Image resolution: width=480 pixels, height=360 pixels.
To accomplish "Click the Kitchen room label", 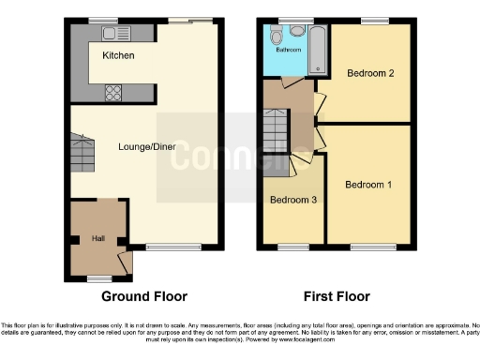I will (118, 56).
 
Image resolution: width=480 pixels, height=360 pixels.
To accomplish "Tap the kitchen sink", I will (117, 35).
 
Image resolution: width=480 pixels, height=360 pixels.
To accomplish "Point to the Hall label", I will (97, 239).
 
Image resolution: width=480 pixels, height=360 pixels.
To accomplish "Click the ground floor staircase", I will (78, 148).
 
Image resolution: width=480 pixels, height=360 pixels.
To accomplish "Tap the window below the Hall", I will (97, 278).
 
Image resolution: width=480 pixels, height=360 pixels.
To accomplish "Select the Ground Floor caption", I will (144, 296).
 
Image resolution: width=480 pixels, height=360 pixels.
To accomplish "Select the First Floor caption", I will (335, 296).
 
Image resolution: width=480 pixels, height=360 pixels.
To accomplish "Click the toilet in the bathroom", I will (276, 36).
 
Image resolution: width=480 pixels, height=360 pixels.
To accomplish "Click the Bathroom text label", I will (288, 50).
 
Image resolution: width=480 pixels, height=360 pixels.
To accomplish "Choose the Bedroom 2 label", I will (370, 73).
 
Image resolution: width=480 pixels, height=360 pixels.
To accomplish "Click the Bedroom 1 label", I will (367, 185).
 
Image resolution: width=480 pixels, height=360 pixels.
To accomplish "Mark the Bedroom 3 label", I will (293, 200).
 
